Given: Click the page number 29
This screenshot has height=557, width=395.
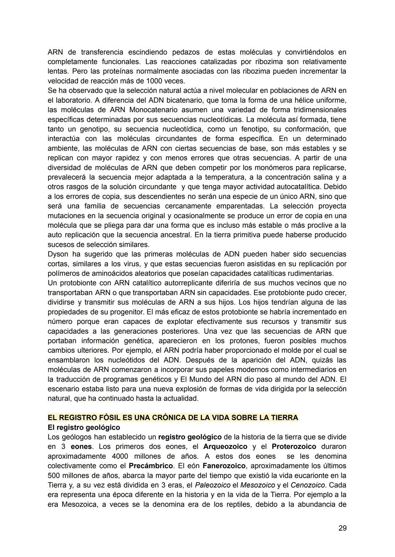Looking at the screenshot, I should (x=342, y=528).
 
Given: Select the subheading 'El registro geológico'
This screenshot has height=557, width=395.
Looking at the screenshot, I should (x=84, y=427).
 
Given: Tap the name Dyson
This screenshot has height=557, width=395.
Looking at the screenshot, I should (x=59, y=254).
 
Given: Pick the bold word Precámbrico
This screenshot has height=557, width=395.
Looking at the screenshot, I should (x=151, y=466).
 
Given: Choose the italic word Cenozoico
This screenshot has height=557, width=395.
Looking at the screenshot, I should (x=308, y=485).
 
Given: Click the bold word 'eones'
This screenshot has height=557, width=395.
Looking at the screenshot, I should (x=81, y=447).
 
